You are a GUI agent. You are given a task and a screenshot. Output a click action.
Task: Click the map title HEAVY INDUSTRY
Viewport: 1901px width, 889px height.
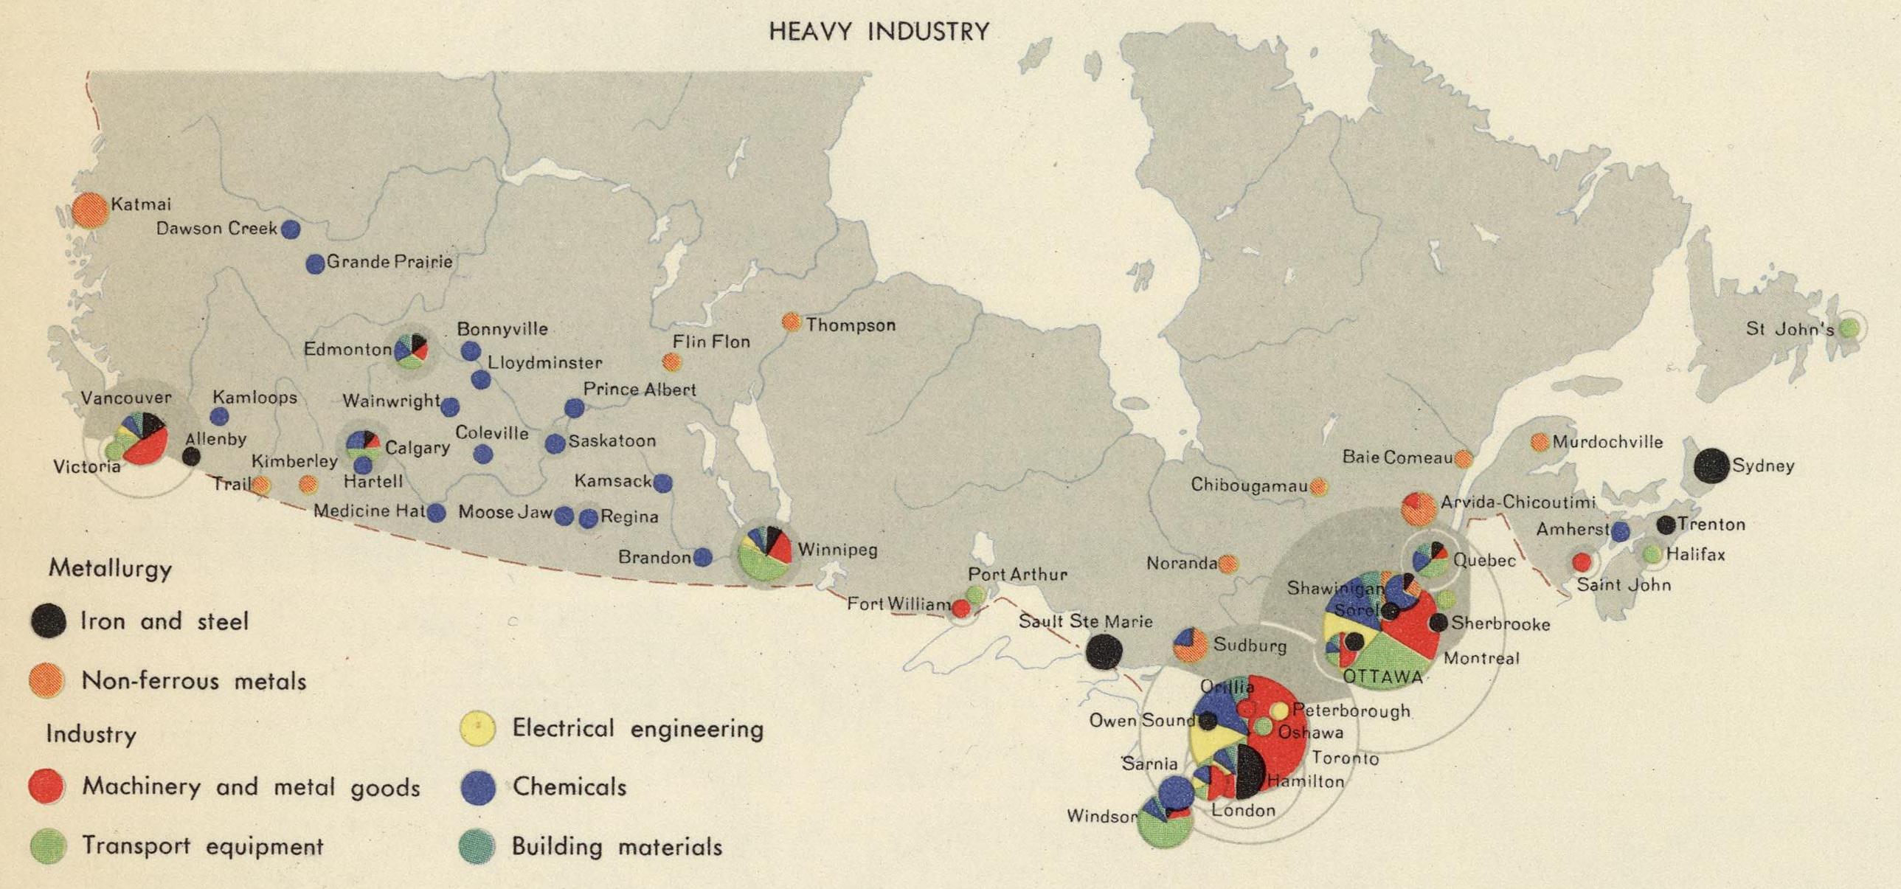pos(879,31)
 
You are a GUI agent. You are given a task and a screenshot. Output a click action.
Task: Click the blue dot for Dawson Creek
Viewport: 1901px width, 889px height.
pos(291,229)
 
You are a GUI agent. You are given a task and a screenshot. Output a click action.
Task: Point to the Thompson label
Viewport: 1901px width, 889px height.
pos(850,325)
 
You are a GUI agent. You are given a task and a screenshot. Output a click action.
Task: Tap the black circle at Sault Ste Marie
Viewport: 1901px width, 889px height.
pos(1104,651)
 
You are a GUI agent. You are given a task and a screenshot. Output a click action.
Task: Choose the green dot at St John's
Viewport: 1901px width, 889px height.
pos(1849,329)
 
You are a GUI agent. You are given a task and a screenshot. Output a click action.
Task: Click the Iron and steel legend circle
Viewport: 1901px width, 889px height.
pos(48,620)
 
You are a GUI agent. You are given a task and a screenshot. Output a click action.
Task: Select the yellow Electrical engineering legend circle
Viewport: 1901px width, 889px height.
pos(478,728)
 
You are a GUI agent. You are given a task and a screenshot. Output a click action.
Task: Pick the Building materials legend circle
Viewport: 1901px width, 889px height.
pos(477,846)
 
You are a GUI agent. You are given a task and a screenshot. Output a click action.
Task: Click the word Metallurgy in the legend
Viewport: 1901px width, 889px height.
pos(110,569)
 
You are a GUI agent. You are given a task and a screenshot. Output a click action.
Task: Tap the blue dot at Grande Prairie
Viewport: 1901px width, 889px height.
pos(315,264)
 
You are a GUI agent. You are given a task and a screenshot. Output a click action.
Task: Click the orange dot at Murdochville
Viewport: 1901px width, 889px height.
pos(1540,442)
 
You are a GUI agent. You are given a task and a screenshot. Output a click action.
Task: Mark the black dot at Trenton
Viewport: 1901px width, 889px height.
pos(1666,525)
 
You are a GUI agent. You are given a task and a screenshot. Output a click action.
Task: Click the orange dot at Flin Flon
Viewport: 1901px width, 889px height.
pos(671,362)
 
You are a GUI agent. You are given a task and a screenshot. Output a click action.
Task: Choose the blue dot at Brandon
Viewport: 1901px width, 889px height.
pos(702,557)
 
